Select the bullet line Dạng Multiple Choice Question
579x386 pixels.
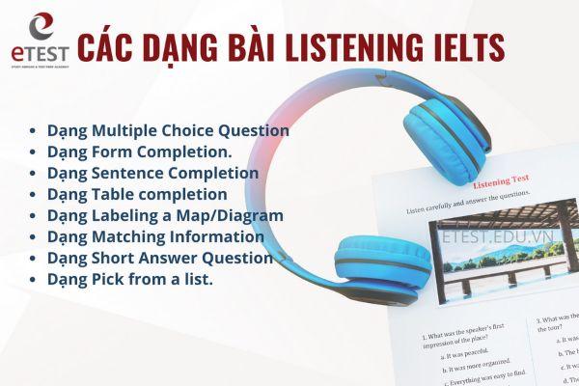pos(167,129)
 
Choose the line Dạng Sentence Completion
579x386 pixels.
pos(152,174)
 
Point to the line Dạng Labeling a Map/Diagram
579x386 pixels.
pos(165,215)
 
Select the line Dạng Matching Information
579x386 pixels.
pos(154,236)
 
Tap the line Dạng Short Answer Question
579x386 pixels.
pos(159,258)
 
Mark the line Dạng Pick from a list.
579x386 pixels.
pos(130,279)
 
